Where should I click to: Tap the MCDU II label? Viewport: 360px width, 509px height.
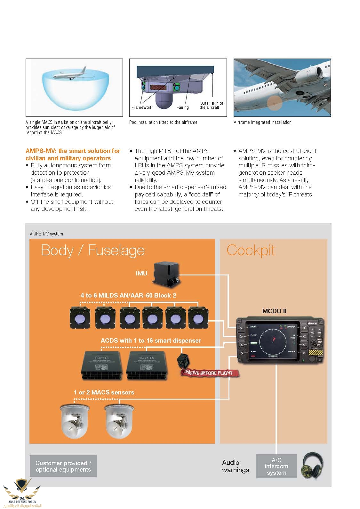pos(274,311)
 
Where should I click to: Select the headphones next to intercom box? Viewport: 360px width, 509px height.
pos(312,465)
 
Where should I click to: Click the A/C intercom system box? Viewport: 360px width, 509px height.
pos(276,466)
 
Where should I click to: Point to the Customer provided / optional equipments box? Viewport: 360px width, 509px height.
pos(63,466)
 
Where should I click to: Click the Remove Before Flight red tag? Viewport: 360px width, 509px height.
pos(210,373)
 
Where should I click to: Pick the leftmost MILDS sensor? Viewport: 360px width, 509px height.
pos(80,317)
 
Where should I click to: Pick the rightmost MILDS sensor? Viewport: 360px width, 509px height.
pos(198,317)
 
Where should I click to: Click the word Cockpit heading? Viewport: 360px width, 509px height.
pos(251,251)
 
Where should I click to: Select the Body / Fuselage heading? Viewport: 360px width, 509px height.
pos(93,251)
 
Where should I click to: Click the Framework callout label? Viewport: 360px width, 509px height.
pos(142,107)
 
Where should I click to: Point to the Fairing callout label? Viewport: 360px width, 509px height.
pos(182,107)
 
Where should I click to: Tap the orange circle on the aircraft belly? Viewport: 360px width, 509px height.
pos(274,103)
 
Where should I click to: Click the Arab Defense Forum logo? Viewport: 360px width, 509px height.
pos(22,493)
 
